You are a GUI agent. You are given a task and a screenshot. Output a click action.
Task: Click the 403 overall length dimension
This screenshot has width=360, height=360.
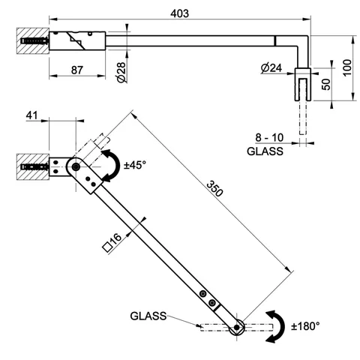tap(179, 13)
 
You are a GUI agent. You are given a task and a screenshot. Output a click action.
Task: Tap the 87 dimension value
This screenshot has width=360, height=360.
tap(76, 70)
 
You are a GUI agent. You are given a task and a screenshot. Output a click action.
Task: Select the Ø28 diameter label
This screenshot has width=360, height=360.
tap(121, 72)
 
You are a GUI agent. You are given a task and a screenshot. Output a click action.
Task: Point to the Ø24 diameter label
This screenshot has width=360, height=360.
tap(271, 67)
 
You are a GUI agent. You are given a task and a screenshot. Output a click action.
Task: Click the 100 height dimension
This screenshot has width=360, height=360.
tap(347, 67)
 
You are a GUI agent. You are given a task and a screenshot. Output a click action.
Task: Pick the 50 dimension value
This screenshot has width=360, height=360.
tap(326, 84)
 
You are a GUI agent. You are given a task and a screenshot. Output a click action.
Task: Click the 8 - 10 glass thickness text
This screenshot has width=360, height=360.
tap(269, 138)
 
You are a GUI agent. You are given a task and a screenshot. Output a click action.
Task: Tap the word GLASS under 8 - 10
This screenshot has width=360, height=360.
tap(265, 151)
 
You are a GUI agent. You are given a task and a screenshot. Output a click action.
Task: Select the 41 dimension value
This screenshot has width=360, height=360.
tap(31, 115)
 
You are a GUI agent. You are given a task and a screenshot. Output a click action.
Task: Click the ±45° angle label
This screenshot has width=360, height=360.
tap(135, 165)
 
